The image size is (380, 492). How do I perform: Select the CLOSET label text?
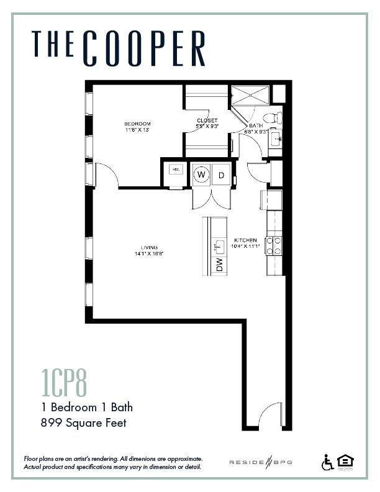(207, 120)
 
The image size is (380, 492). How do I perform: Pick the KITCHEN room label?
(245, 240)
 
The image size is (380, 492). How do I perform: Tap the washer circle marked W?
(201, 175)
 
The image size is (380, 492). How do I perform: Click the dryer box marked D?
(222, 175)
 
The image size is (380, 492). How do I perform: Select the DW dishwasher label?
(219, 264)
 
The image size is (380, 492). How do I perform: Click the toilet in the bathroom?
(271, 117)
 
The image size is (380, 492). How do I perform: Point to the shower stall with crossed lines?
(250, 96)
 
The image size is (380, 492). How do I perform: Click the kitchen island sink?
(219, 246)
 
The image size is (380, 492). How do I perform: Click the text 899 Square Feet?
(83, 424)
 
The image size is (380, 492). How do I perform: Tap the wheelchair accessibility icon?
(327, 462)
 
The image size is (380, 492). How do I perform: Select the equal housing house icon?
(344, 462)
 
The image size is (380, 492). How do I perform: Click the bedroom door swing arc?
(107, 174)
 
